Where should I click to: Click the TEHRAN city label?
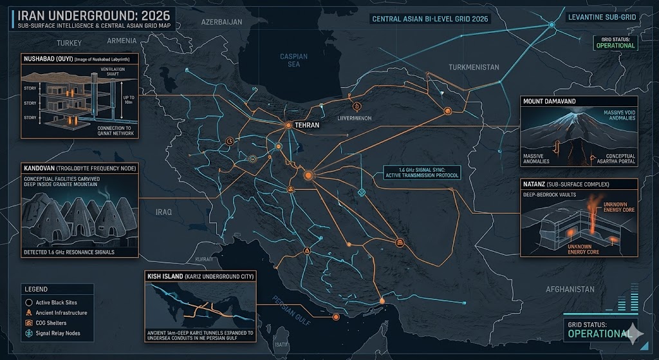point(306,126)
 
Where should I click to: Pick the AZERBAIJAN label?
point(221,21)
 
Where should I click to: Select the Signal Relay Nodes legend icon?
point(29,334)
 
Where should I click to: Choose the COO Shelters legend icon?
point(29,323)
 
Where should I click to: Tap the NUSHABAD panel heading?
point(46,59)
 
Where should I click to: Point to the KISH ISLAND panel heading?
point(169,276)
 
